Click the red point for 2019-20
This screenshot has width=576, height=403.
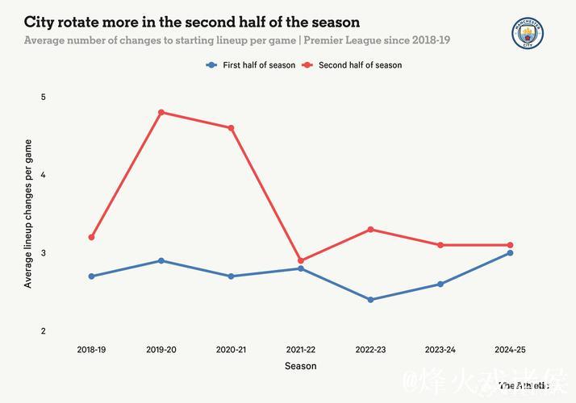pos(161,112)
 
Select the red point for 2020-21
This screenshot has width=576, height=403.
pos(231,128)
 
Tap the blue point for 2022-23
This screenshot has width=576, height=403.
pos(370,300)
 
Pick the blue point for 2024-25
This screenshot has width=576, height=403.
pos(510,253)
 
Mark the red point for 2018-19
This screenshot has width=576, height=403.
pos(91,238)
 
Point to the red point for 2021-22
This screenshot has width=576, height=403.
pos(301,261)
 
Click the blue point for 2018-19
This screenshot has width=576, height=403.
pos(91,276)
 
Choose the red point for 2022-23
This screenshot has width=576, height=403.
pos(370,230)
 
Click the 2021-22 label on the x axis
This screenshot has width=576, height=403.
pos(301,350)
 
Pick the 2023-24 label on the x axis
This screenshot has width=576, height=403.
pos(440,350)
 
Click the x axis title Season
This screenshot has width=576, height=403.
pos(301,367)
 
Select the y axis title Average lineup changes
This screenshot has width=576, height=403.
pos(28,214)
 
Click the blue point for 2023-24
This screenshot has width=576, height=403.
pos(440,284)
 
